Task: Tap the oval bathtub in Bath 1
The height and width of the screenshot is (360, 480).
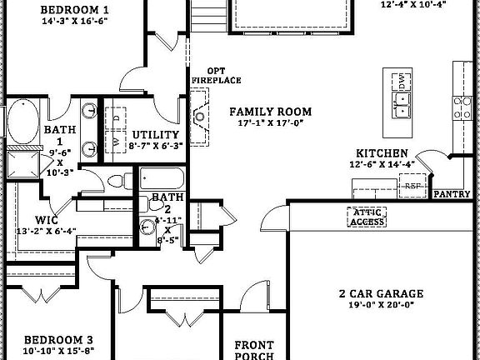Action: [20, 122]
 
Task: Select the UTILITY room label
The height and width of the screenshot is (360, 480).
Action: [155, 134]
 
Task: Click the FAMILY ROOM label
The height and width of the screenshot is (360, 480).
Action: [271, 111]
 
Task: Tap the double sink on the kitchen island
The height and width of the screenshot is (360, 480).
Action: [402, 104]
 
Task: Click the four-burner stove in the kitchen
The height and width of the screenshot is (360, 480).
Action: [462, 106]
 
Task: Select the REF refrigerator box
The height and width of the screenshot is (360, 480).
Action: [414, 187]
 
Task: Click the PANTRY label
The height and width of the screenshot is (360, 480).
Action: [452, 194]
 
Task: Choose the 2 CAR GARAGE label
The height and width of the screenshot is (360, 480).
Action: [381, 293]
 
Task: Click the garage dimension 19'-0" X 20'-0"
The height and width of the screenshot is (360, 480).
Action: [381, 306]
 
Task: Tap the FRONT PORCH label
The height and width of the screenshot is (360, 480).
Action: [254, 350]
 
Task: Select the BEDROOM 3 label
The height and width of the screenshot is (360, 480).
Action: [57, 340]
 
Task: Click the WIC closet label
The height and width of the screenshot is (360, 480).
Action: [46, 221]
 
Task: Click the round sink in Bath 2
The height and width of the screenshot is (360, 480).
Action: [147, 223]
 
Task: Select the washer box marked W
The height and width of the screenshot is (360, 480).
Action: [115, 142]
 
